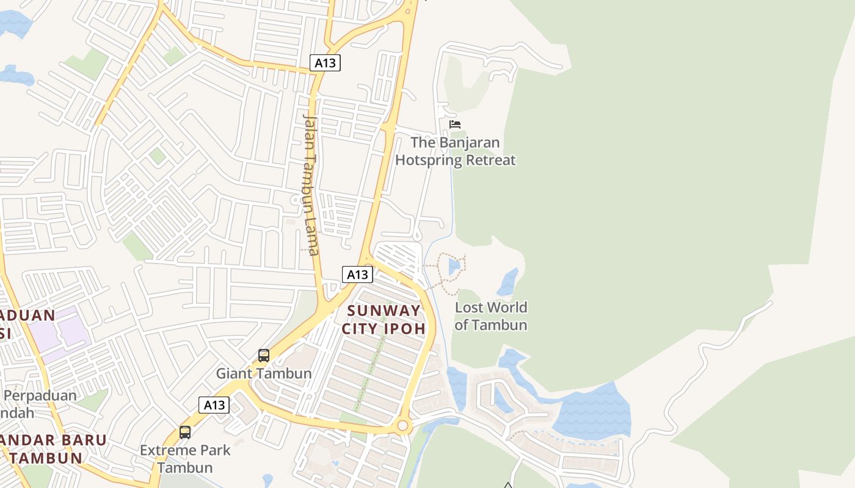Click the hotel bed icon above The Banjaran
454,124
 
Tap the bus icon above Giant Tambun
264,355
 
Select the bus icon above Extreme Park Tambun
185,432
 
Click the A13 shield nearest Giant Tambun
214,405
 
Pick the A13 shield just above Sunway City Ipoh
357,274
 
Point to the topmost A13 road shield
325,63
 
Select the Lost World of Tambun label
491,316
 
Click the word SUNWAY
384,310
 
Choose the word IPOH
404,328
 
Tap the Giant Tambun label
264,373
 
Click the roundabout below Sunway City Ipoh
402,426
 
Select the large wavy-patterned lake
592,412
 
